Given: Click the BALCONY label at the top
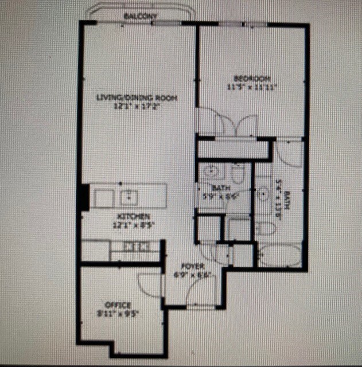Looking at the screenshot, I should click(x=140, y=17).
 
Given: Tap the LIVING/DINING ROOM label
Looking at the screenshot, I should click(x=136, y=98).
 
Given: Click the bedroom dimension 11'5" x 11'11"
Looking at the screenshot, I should click(x=251, y=87).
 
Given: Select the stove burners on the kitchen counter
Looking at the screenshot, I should click(x=138, y=247).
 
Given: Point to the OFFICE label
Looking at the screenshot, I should click(x=118, y=305).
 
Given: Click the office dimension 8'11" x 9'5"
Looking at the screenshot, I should click(x=119, y=314).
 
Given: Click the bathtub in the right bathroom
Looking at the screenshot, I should click(x=279, y=256).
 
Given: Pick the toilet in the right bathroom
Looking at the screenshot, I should click(x=264, y=228).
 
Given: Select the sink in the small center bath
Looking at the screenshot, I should click(x=210, y=171).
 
